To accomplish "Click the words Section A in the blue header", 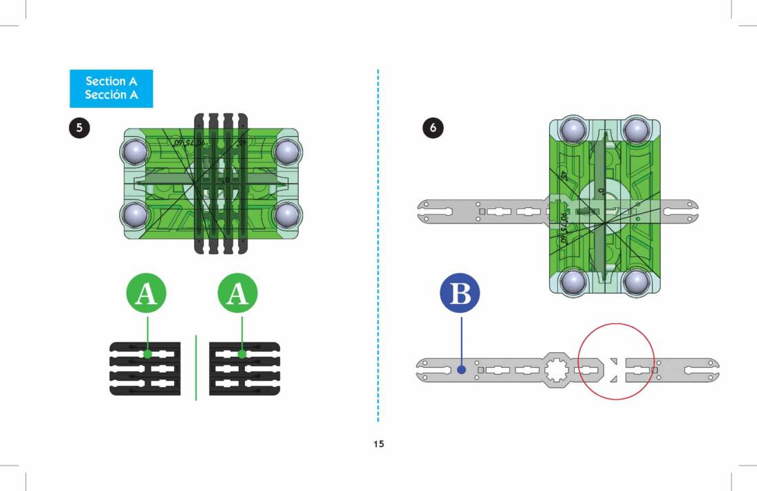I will [111, 81].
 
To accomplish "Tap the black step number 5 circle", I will [79, 128].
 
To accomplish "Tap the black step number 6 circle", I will [432, 128].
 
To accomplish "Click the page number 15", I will [378, 444].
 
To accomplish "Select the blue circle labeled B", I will [460, 294].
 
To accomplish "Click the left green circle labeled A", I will [147, 294].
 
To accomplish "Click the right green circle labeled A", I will [237, 294].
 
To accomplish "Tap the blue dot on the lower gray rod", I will [462, 369].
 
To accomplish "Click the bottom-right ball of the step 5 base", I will [286, 215].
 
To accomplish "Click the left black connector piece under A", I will [145, 369].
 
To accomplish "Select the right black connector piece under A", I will [244, 369].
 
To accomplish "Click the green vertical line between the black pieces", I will [196, 368].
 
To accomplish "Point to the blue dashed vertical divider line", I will [378, 248].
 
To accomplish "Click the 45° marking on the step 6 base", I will [562, 177].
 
